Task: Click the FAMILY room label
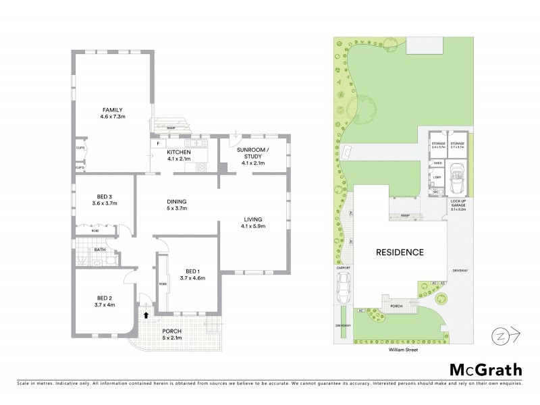(x=113, y=110)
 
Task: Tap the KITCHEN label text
(x=179, y=153)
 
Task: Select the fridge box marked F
(x=157, y=143)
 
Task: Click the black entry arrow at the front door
(x=146, y=314)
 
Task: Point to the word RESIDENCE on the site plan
(x=400, y=252)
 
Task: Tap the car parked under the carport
(x=343, y=291)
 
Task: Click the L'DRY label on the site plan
(x=437, y=178)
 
